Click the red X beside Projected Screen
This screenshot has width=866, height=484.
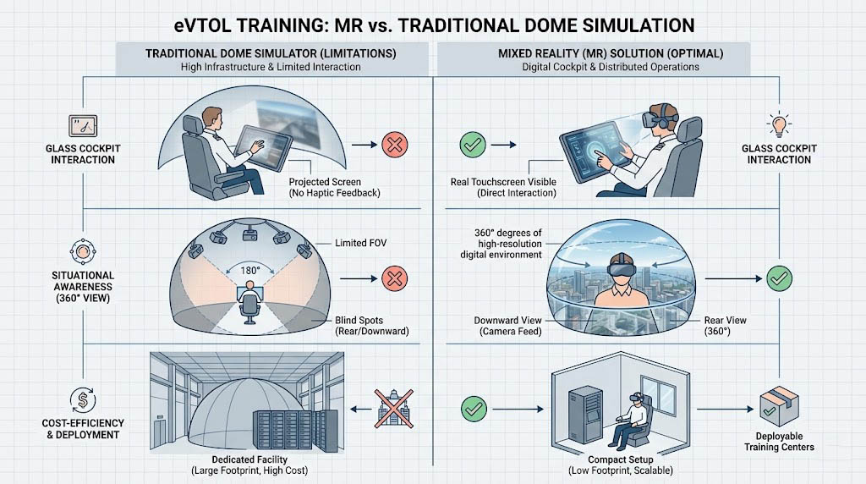393,145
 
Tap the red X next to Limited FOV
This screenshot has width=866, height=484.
393,278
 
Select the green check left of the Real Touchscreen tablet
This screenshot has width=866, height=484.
472,145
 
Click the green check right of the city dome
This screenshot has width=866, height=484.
778,277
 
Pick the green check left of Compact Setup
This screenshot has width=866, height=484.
472,410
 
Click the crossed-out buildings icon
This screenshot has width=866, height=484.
393,410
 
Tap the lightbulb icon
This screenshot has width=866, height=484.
778,124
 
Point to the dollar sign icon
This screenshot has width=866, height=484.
84,396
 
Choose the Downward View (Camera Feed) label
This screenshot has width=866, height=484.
506,326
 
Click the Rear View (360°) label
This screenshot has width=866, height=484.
725,326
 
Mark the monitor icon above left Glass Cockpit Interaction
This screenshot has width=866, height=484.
83,124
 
